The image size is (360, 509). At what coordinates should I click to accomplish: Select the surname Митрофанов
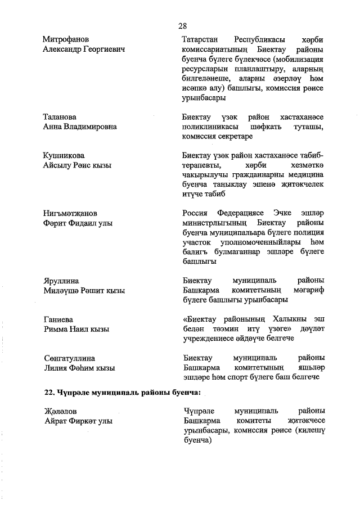pyautogui.click(x=66, y=39)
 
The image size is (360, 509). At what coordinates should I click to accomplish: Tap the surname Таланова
pyautogui.click(x=60, y=116)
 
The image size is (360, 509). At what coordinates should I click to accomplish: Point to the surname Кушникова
pyautogui.click(x=63, y=155)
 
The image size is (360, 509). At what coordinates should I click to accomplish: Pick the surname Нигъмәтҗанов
pyautogui.click(x=70, y=213)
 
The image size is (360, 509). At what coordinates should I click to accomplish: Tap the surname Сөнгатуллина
pyautogui.click(x=69, y=358)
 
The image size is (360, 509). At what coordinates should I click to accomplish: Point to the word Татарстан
pyautogui.click(x=202, y=39)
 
